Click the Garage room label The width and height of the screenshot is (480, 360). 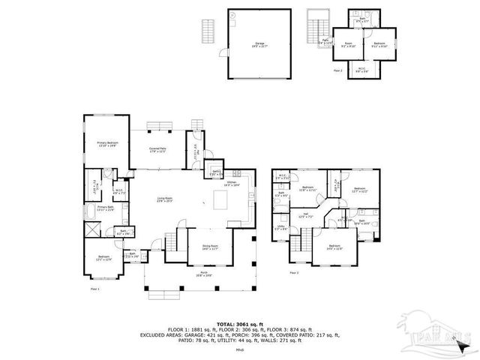point(260,44)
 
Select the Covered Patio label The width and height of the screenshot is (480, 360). point(157,150)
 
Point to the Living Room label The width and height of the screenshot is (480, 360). point(165,199)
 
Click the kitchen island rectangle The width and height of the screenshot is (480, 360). point(221,200)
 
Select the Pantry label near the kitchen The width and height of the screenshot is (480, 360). point(215,173)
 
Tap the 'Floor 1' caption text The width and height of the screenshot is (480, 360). point(94,288)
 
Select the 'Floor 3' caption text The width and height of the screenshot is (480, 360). point(293,272)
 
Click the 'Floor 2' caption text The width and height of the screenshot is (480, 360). point(337,71)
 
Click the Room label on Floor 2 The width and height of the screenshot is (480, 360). point(348,43)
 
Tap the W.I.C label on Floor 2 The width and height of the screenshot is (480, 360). point(361,69)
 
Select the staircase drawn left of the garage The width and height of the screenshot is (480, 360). point(208,31)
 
